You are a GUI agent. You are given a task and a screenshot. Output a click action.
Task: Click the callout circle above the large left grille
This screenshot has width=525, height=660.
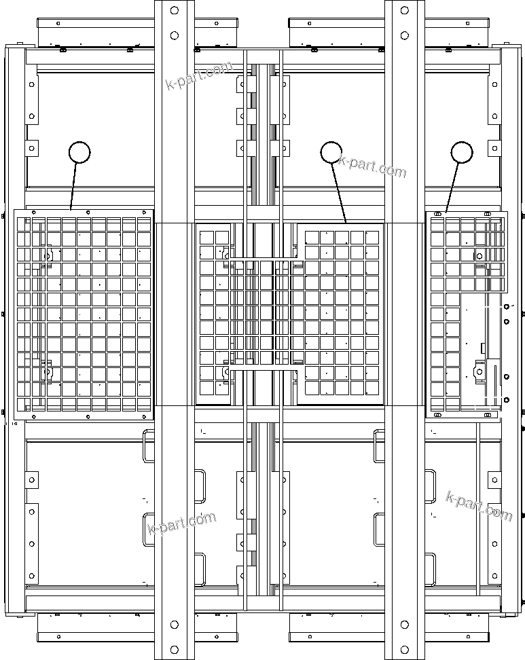79,152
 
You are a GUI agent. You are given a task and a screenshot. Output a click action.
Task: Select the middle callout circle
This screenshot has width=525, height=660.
331,152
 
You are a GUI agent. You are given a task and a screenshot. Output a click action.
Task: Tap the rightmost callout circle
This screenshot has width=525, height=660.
462,152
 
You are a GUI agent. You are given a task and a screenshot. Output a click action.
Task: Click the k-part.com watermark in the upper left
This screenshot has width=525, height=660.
199,75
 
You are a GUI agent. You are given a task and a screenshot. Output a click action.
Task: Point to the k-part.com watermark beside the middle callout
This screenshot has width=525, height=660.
372,166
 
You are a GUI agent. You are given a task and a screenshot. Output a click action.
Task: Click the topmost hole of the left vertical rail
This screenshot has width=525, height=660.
174,10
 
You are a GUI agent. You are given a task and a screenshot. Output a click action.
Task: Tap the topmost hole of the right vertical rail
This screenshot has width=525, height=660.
405,10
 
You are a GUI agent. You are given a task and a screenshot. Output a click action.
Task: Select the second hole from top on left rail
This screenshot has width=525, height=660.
174,35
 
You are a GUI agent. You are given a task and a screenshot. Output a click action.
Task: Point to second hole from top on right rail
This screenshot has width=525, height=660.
405,35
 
